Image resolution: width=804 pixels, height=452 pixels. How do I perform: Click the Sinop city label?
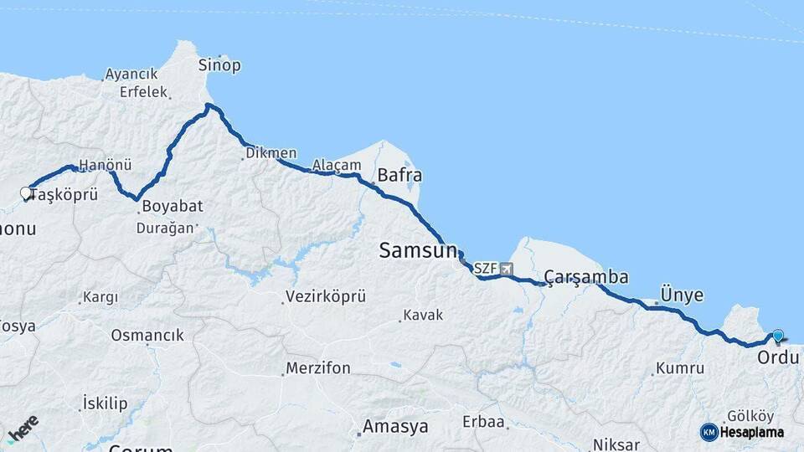[x=219, y=65]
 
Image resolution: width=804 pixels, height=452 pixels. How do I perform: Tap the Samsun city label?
[x=418, y=249]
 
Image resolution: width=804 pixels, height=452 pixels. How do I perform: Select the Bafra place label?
[x=399, y=176]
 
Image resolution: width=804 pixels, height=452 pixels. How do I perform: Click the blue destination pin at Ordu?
[x=778, y=336]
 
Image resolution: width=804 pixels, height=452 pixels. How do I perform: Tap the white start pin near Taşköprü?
[x=26, y=194]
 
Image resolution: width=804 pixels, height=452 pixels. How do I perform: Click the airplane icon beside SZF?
[x=505, y=269]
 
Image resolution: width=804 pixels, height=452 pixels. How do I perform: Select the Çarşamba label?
[x=585, y=277]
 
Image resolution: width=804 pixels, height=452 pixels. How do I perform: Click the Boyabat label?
[x=173, y=206]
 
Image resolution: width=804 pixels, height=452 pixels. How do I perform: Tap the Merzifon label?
[x=317, y=368]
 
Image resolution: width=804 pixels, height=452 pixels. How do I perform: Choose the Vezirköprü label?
[x=326, y=296]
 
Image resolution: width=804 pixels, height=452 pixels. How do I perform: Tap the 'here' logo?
[x=23, y=429]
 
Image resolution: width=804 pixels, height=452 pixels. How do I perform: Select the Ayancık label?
[x=132, y=74]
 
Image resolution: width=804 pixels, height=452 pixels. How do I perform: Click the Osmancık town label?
[x=147, y=335]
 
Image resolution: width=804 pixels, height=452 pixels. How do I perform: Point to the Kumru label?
[x=679, y=367]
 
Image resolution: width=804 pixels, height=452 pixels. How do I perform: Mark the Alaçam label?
[x=336, y=165]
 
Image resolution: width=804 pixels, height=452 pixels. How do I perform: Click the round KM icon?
[x=709, y=433]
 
